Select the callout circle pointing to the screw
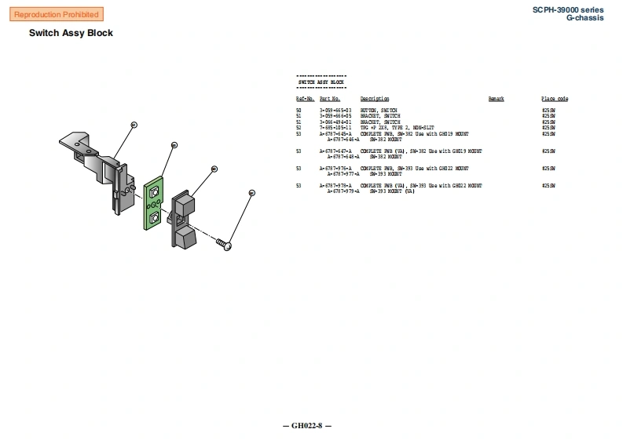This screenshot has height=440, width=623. [251, 192]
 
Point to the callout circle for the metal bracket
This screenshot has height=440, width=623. [134, 125]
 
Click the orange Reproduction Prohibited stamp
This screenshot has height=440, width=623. [57, 15]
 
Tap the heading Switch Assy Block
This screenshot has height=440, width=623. [71, 33]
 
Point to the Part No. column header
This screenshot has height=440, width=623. [329, 99]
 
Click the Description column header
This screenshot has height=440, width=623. [375, 99]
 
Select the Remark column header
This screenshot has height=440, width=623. [497, 99]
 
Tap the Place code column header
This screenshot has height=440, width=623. [555, 99]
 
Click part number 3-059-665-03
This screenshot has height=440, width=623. [335, 111]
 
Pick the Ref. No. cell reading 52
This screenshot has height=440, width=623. [299, 127]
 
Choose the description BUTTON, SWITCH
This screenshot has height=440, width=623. [379, 111]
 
